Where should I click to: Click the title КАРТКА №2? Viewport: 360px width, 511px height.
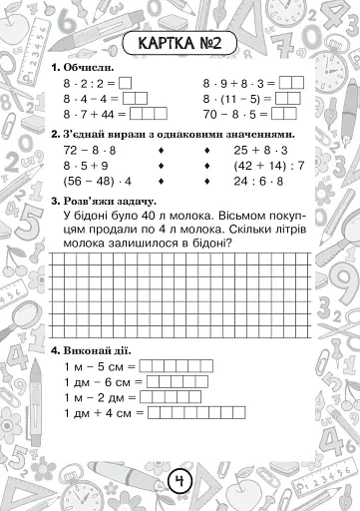180,46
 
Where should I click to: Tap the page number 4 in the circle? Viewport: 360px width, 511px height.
180,482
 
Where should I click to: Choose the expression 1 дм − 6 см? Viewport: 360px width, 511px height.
102,381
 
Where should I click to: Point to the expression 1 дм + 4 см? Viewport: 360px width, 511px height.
104,411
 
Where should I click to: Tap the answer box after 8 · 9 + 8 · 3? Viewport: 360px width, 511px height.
291,84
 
